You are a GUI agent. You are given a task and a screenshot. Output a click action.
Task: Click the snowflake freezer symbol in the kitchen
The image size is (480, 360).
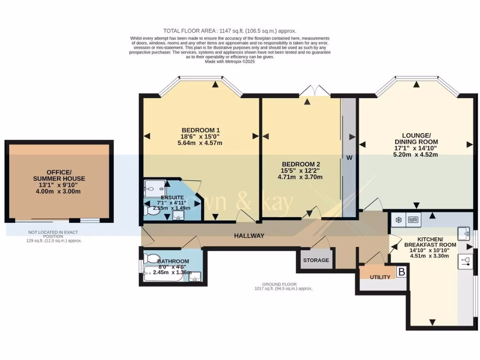click(399, 219)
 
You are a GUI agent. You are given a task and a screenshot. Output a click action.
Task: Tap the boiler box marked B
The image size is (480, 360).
click(401, 271)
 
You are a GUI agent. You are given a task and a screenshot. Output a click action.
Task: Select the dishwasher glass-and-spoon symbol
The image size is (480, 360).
click(466, 261)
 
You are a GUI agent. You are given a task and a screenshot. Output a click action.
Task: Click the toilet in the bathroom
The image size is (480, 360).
click(152, 258)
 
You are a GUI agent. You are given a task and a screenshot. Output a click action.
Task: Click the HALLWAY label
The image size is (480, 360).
click(249, 236)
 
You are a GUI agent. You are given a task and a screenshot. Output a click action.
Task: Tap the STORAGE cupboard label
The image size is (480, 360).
click(316, 260)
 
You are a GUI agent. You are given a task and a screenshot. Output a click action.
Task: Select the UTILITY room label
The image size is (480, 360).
click(380, 277)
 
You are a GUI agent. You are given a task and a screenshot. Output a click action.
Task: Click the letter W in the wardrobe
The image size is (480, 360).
click(349, 157)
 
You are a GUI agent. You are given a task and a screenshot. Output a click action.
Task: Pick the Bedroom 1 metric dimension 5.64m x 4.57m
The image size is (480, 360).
click(201, 143)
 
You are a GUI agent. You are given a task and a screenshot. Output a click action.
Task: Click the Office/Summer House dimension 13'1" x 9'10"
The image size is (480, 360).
click(59, 185)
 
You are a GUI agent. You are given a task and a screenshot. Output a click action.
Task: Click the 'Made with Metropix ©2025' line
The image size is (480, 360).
click(230, 61)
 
